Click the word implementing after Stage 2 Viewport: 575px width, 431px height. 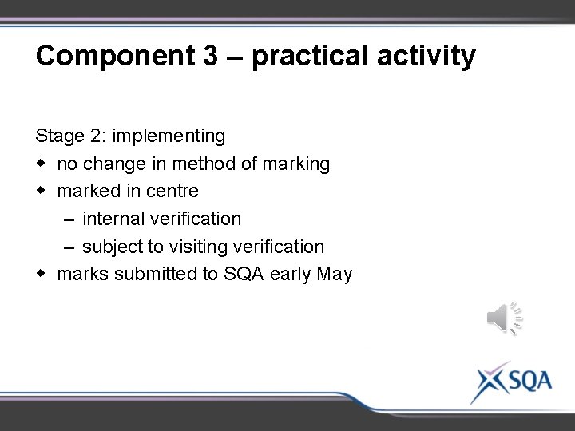[x=169, y=137]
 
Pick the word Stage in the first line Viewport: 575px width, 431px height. [x=57, y=137]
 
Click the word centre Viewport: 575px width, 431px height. [x=172, y=192]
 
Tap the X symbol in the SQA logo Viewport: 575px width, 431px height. [x=490, y=382]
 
